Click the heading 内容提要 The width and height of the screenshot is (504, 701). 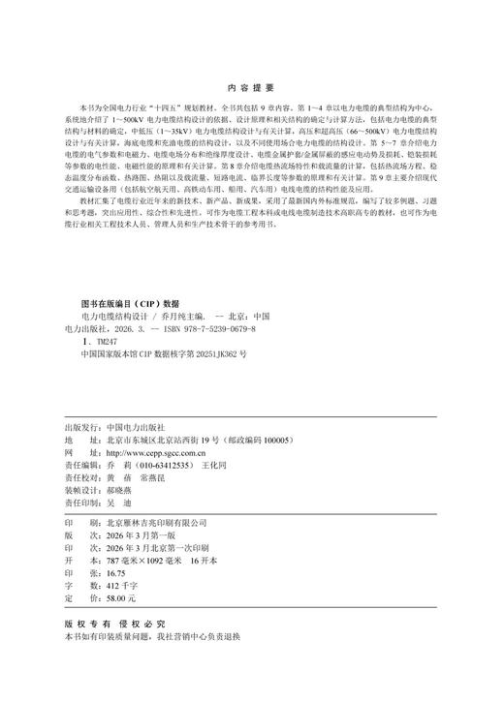click(251, 86)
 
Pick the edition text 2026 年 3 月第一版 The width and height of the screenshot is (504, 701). click(132, 533)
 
